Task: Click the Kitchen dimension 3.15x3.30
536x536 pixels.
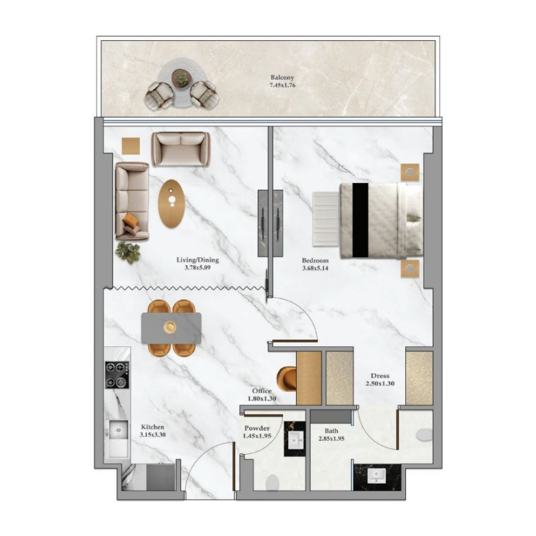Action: click(x=153, y=434)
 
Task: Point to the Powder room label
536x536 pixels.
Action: click(x=257, y=428)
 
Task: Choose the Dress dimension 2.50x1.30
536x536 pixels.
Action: click(x=381, y=383)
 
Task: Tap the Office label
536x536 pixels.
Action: click(x=261, y=391)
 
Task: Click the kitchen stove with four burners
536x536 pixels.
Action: click(x=117, y=375)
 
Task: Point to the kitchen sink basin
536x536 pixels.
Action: click(x=118, y=429)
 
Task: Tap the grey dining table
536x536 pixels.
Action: click(x=172, y=328)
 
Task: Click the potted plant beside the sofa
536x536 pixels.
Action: click(x=128, y=252)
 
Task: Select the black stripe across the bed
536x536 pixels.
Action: click(x=360, y=220)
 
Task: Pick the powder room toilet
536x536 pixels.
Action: click(x=273, y=482)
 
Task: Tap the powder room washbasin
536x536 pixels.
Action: click(x=295, y=440)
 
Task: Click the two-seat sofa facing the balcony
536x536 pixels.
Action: click(x=180, y=148)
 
